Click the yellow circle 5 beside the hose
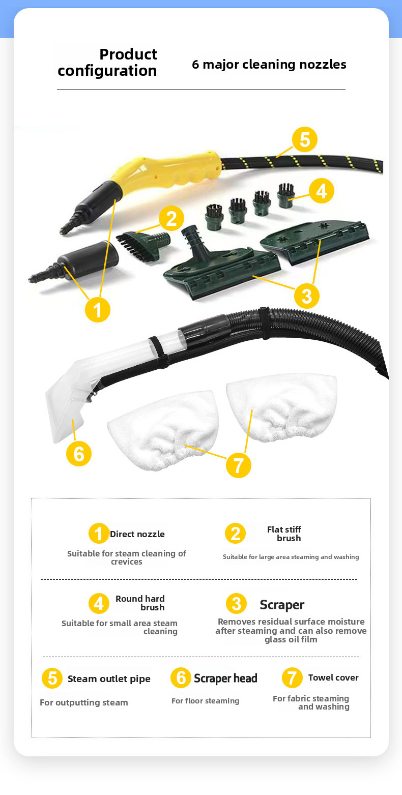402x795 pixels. tap(305, 139)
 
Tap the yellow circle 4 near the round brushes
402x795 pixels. tap(322, 191)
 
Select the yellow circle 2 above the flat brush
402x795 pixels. tap(171, 218)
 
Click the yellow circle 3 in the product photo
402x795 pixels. tap(307, 296)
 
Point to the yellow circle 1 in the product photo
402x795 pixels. tap(98, 310)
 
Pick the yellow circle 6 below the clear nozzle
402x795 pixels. tap(79, 454)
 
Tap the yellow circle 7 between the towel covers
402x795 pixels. tap(239, 465)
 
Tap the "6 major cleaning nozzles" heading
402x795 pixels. tap(269, 65)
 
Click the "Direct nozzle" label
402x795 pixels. tap(137, 534)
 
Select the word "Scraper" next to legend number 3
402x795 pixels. tap(282, 605)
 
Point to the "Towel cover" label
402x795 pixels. tap(333, 678)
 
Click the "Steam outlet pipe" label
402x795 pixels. tap(109, 679)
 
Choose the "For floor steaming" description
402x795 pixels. tap(205, 701)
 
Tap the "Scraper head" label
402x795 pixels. tap(225, 678)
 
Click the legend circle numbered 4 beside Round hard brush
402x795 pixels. tap(99, 603)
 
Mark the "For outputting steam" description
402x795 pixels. tap(84, 703)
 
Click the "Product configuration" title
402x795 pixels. tap(107, 63)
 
